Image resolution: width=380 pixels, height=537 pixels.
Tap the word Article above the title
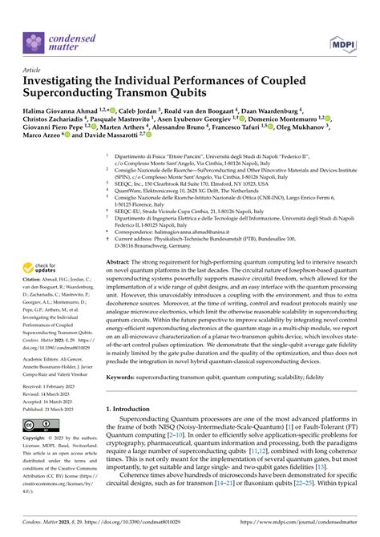[33, 70]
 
